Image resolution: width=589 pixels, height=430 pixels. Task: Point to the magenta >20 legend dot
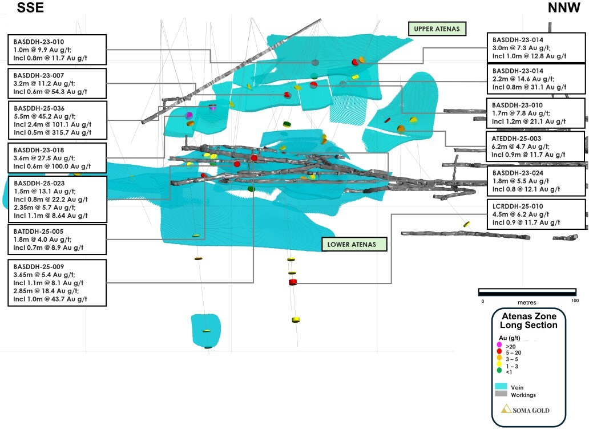(499, 345)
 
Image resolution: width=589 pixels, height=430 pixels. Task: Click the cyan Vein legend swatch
(501, 387)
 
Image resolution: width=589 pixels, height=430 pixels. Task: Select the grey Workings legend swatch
(501, 394)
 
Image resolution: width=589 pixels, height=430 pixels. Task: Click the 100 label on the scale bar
(574, 301)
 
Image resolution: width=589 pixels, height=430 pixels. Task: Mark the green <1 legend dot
(499, 372)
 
